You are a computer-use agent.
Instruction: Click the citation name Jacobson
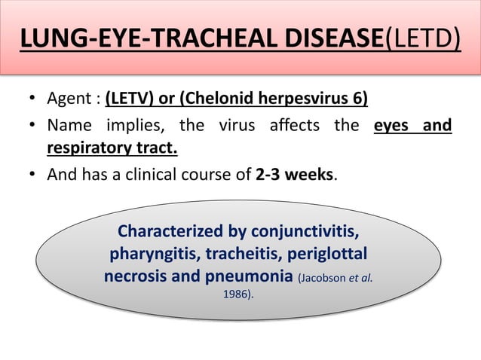click(323, 278)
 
